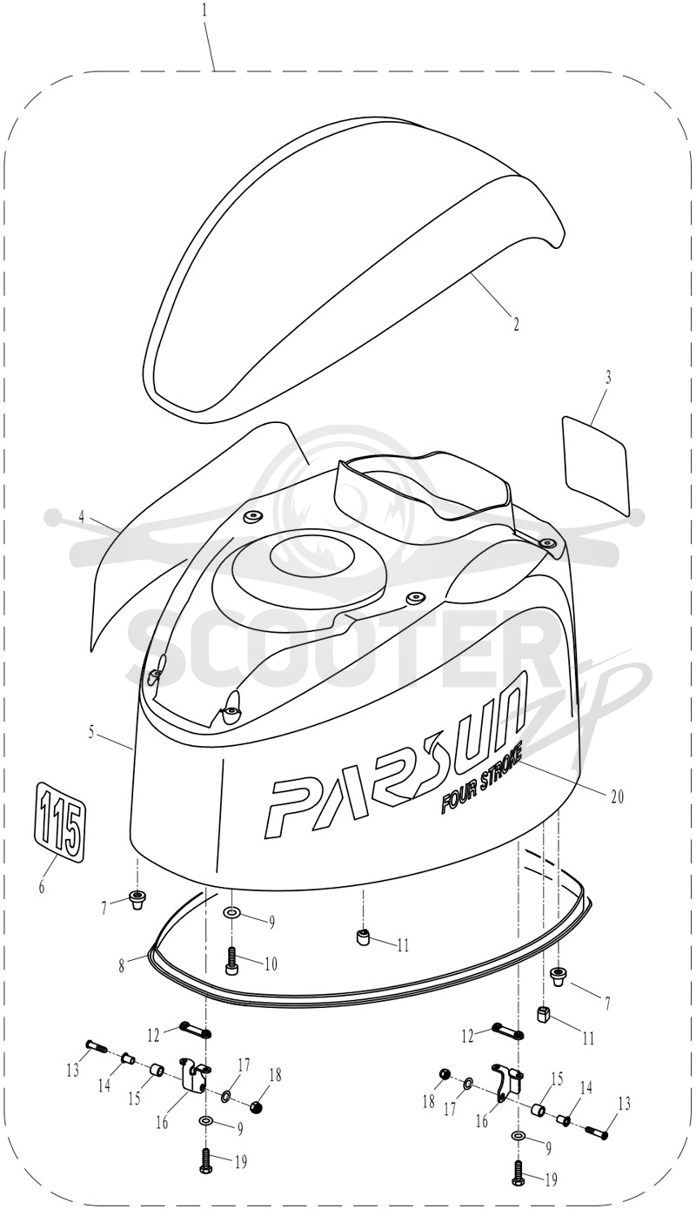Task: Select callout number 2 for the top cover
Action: click(516, 324)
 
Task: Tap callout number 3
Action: click(607, 378)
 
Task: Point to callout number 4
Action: click(82, 517)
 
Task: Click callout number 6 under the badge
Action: click(42, 887)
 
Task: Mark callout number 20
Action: click(617, 796)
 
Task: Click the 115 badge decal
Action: click(60, 830)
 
